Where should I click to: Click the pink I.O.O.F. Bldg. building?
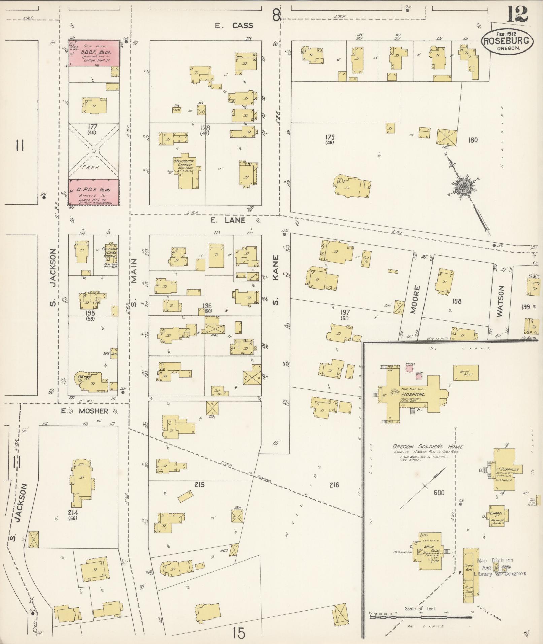pos(94,53)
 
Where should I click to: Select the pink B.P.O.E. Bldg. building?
pos(94,192)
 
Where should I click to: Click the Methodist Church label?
pos(184,163)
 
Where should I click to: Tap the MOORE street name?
pos(416,299)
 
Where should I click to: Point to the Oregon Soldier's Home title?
pos(428,447)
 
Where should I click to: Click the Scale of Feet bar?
pos(421,617)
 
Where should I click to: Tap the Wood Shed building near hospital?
pos(466,373)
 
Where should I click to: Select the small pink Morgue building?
pos(409,369)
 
